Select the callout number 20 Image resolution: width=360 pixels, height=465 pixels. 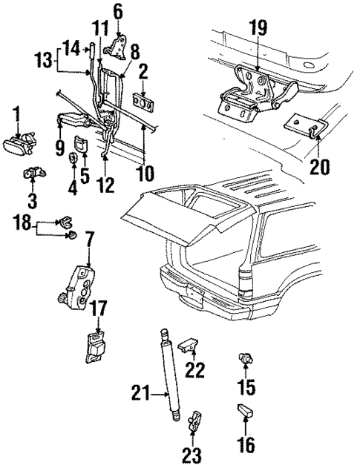pyautogui.click(x=319, y=167)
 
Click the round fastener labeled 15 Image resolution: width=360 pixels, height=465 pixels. pyautogui.click(x=242, y=360)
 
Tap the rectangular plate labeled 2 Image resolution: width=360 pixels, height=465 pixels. pyautogui.click(x=143, y=102)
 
